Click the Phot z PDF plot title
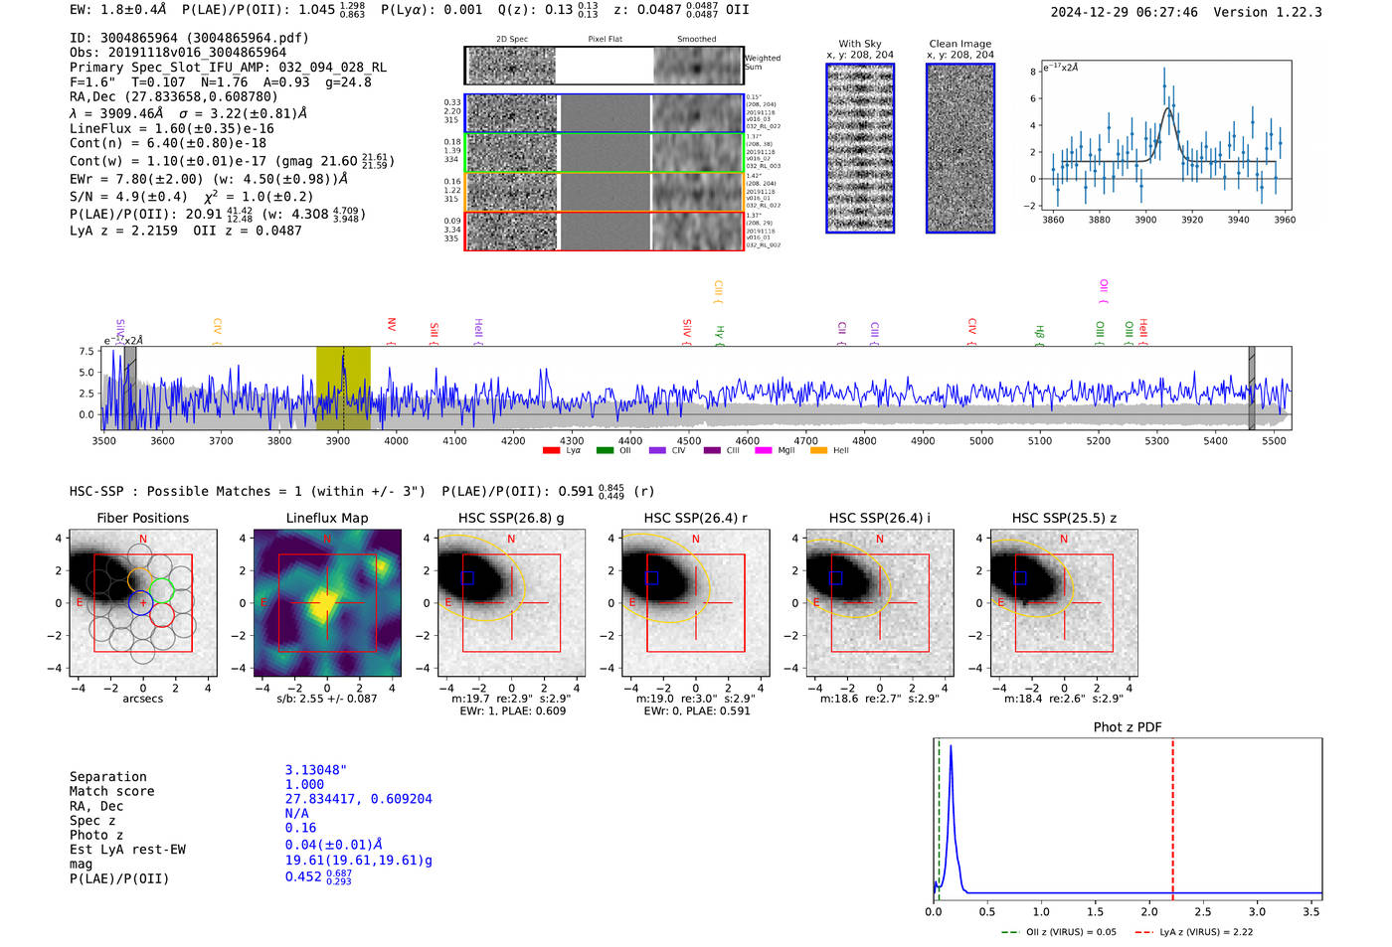[x=1127, y=727]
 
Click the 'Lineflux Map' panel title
[x=326, y=518]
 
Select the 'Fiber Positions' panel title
[x=142, y=518]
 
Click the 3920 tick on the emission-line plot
[x=1191, y=220]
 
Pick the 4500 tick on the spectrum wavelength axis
[x=688, y=440]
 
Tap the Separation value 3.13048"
[x=315, y=770]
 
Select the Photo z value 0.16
[x=300, y=828]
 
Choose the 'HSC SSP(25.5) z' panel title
[x=1064, y=518]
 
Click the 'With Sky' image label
[x=859, y=44]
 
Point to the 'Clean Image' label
[x=959, y=44]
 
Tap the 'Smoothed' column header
[x=696, y=40]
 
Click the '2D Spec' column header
[x=511, y=40]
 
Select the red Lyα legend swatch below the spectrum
[x=551, y=451]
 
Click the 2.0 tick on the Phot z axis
[x=1148, y=911]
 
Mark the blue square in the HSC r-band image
[x=651, y=578]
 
